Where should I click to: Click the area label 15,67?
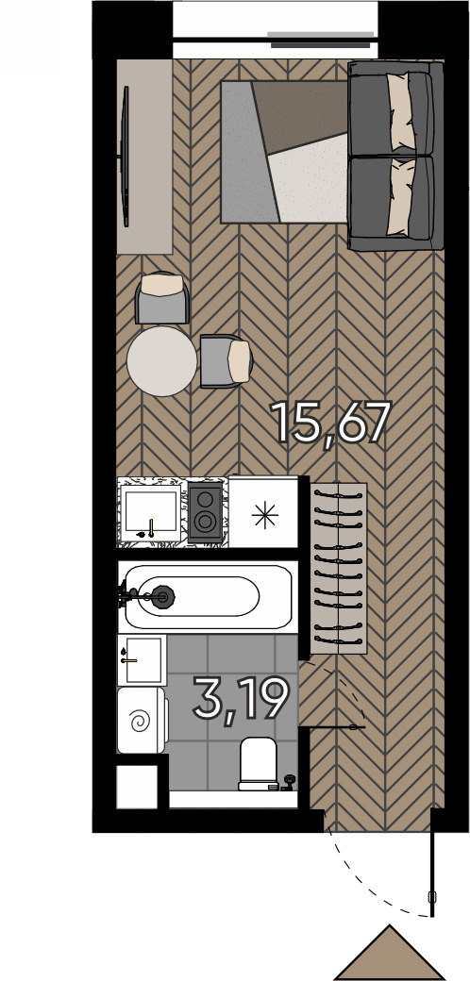[330, 422]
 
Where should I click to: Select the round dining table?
[162, 360]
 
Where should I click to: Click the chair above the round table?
[162, 297]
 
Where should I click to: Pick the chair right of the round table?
[225, 360]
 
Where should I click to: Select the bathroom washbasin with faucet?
[142, 658]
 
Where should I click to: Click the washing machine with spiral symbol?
[141, 721]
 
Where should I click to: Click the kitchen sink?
[150, 511]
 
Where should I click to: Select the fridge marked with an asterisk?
[263, 513]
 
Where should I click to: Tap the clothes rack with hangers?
[339, 568]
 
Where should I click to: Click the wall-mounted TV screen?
[125, 156]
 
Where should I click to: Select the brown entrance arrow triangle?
[390, 954]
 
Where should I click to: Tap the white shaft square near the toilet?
[137, 786]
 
